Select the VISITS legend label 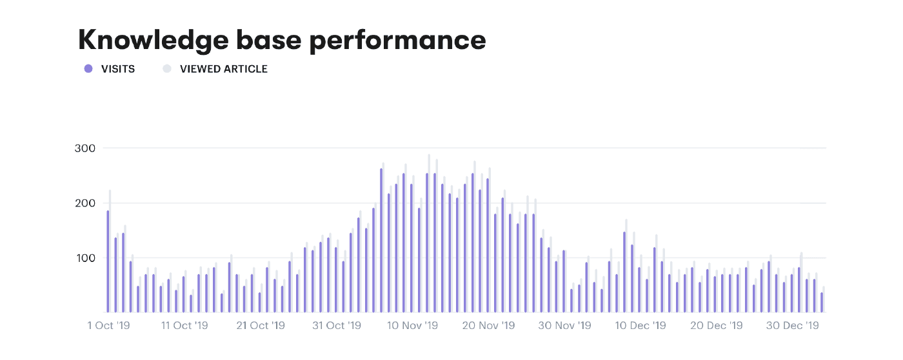[118, 69]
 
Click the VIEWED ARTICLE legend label [223, 69]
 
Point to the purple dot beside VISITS [88, 69]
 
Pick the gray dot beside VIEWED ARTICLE [167, 69]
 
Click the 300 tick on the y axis [85, 148]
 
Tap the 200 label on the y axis [85, 203]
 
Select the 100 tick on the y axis [85, 258]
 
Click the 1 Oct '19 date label [108, 326]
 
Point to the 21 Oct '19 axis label [261, 326]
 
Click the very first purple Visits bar [108, 261]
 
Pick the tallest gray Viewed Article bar [429, 234]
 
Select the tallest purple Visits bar [381, 241]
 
